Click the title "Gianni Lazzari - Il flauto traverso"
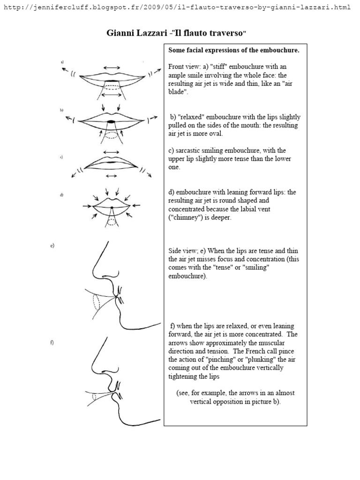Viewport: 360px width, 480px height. pos(177,34)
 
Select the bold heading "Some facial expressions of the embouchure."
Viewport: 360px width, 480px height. pos(233,50)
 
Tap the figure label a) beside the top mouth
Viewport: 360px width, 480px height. pos(62,62)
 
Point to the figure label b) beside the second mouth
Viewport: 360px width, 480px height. pos(61,110)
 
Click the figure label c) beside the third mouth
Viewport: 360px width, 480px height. pos(61,157)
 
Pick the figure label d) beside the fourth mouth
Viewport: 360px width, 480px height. pos(61,195)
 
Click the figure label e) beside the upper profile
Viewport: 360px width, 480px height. pos(52,246)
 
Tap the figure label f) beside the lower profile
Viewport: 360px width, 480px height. pos(52,343)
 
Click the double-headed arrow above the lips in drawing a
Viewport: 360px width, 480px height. pos(111,67)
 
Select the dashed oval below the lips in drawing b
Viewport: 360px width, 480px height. pos(112,135)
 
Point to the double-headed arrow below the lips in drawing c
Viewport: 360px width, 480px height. pos(111,176)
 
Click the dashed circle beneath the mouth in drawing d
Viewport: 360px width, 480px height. pos(112,222)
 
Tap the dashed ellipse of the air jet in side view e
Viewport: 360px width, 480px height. pos(96,302)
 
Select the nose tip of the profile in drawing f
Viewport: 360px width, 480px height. pos(94,368)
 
